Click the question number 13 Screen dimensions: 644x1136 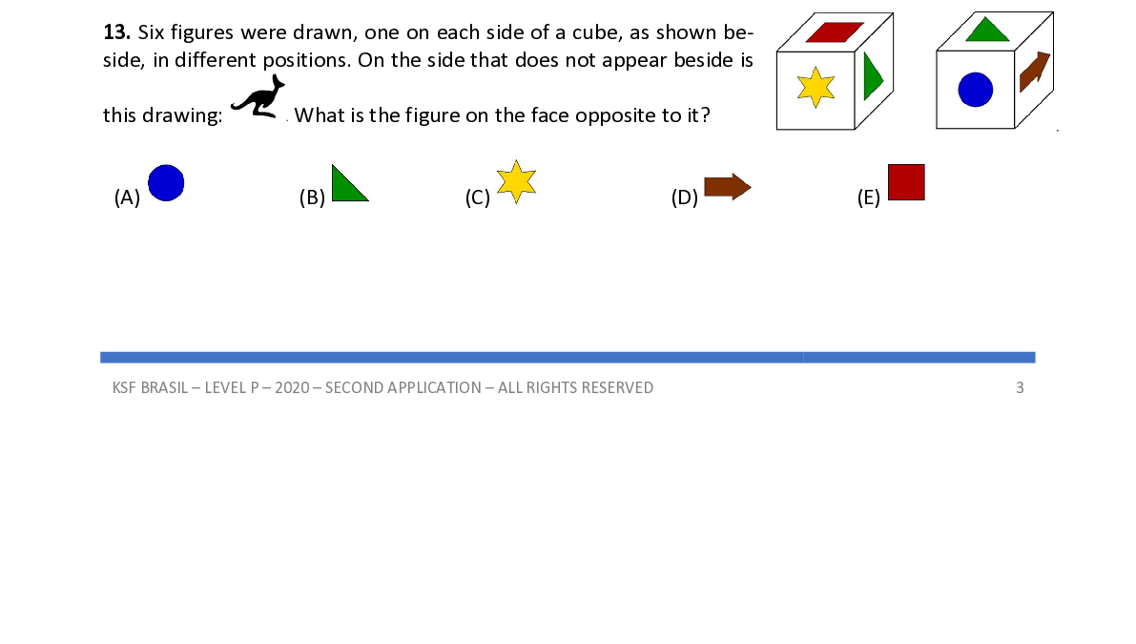point(115,31)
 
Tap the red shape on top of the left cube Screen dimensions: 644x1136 point(834,31)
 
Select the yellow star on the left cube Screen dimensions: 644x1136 point(816,87)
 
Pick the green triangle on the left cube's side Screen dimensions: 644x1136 point(872,77)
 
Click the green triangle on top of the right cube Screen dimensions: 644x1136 point(987,30)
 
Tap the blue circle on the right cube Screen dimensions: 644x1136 point(975,91)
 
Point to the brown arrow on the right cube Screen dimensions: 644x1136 point(1034,72)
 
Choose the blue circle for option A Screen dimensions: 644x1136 point(166,182)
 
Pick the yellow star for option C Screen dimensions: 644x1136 point(516,182)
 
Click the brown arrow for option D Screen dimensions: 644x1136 point(727,187)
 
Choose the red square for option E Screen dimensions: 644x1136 point(906,182)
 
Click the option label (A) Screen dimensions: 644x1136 point(127,198)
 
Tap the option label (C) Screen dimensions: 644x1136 point(477,198)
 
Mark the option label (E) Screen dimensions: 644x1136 point(868,198)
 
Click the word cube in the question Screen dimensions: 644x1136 point(596,31)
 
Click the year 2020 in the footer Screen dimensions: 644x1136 point(292,387)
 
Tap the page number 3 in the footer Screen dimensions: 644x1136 point(1020,387)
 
